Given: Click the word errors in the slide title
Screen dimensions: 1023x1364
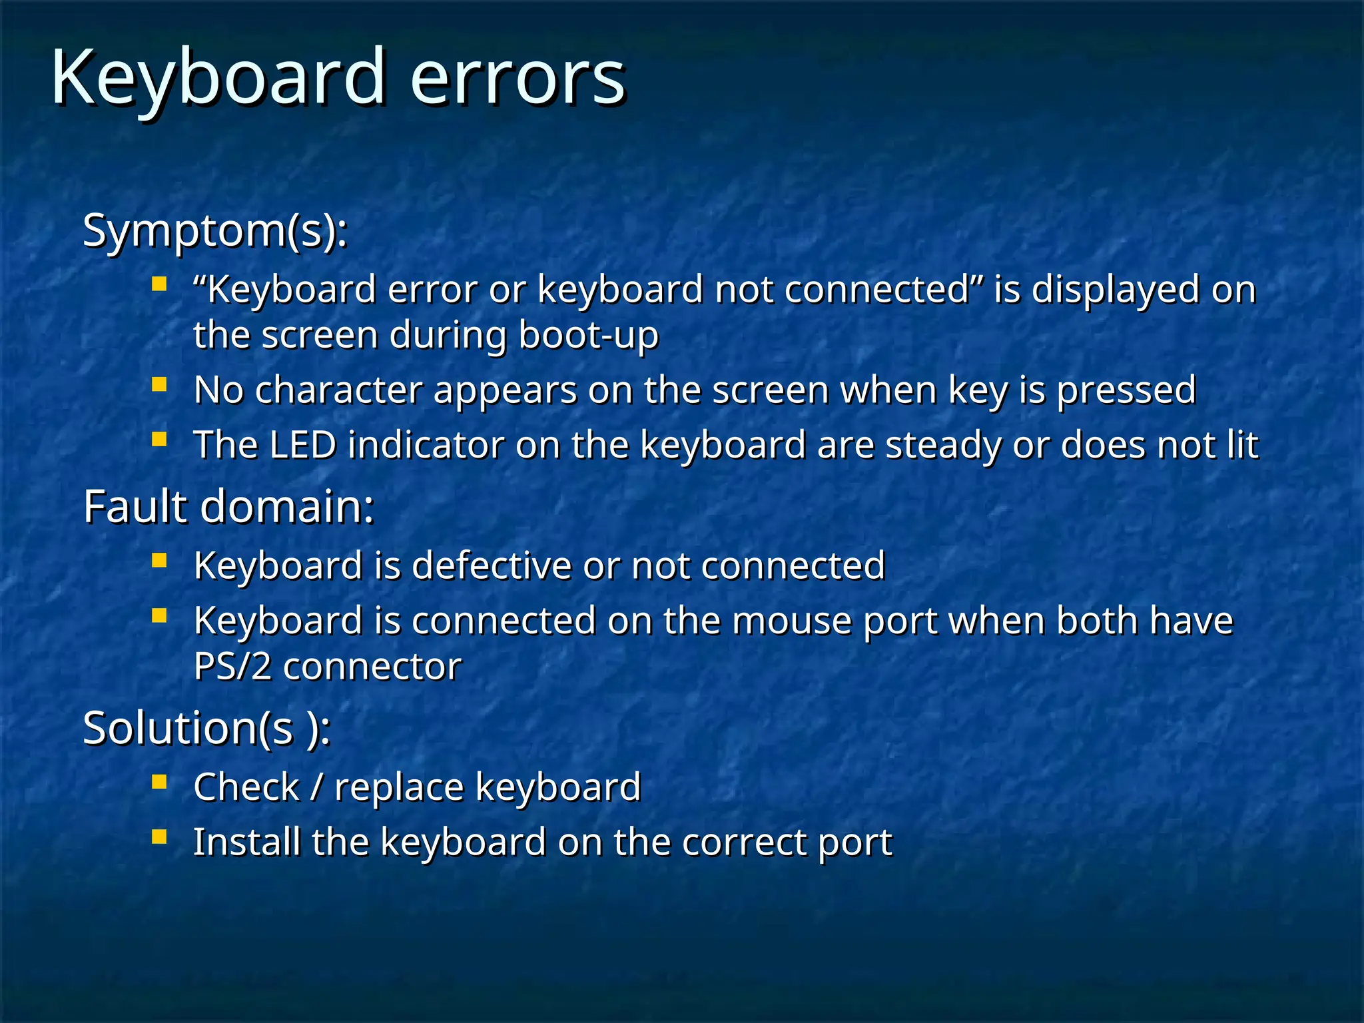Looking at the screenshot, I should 517,79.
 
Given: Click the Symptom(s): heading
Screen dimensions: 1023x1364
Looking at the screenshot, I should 214,230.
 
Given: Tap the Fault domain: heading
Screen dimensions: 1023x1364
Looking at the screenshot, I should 228,507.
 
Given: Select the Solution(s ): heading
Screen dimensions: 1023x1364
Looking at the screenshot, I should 206,728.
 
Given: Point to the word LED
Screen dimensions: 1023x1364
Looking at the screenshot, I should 303,445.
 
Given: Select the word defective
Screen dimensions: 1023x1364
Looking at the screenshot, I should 492,566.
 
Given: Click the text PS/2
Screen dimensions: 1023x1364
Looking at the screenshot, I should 232,667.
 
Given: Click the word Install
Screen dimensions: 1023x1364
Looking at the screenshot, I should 247,843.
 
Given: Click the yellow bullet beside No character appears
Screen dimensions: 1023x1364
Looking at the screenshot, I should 159,385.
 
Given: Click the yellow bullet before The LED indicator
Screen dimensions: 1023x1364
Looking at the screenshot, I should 159,440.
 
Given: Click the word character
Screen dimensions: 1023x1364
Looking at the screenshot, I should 338,390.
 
